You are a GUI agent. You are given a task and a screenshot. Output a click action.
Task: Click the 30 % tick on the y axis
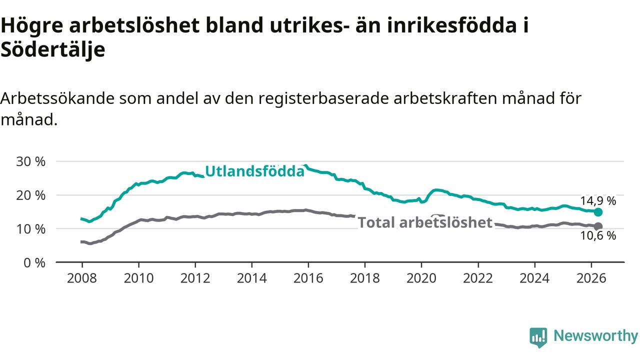pos(31,161)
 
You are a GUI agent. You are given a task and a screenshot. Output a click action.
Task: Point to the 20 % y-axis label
pos(31,195)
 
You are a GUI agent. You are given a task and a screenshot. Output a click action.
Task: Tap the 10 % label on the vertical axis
pos(31,229)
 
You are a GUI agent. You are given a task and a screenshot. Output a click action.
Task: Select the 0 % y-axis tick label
pos(34,263)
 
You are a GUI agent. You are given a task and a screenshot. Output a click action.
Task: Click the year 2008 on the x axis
pos(82,278)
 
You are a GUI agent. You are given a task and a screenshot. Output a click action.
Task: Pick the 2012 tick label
pos(195,278)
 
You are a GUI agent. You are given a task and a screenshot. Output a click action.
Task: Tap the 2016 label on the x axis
pos(308,278)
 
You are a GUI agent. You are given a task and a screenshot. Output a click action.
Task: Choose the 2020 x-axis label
pos(421,278)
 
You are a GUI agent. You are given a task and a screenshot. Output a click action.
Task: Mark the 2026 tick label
pos(591,278)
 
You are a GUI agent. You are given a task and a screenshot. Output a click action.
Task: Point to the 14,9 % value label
pos(598,201)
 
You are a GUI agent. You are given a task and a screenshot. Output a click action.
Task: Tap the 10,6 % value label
pos(598,236)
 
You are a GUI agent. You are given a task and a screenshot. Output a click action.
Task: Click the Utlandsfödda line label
pos(255,171)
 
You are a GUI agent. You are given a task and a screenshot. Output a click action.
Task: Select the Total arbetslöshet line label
pos(425,222)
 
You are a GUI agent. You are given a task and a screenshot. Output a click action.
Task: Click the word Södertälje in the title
pos(53,49)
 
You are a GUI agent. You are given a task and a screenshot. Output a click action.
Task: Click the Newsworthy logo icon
pos(538,337)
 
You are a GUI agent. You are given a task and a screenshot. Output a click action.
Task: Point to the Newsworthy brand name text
pos(595,335)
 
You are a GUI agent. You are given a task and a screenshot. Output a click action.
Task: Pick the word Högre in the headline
pos(31,26)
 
